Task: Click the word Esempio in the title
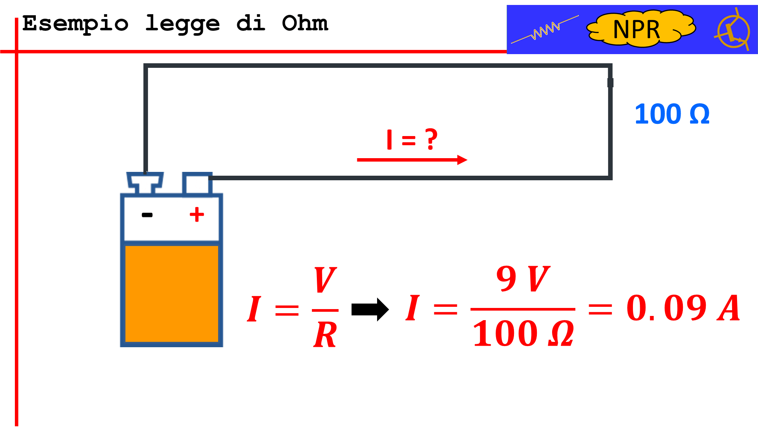click(75, 24)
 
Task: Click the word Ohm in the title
click(305, 23)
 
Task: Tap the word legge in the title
click(182, 24)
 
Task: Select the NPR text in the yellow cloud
click(636, 29)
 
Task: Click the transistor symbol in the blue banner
click(733, 30)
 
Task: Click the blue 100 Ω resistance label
click(672, 114)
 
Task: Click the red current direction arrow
click(412, 160)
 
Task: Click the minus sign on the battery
click(147, 215)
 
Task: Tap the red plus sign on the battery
click(197, 214)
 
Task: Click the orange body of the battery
click(172, 293)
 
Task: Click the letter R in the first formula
click(325, 334)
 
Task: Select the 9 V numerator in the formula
click(523, 279)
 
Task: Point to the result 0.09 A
click(683, 308)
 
